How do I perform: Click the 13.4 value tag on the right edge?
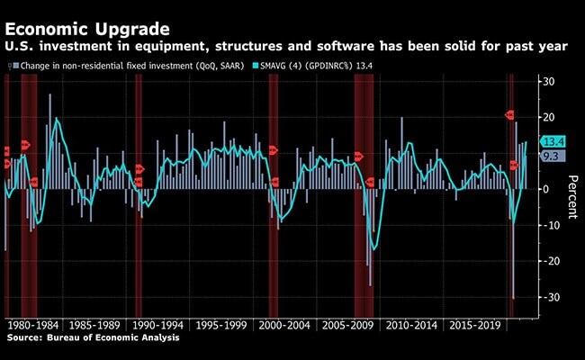pos(553,141)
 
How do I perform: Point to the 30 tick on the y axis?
pos(546,82)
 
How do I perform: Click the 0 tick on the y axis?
pos(544,189)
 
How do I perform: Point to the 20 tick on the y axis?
pos(546,117)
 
